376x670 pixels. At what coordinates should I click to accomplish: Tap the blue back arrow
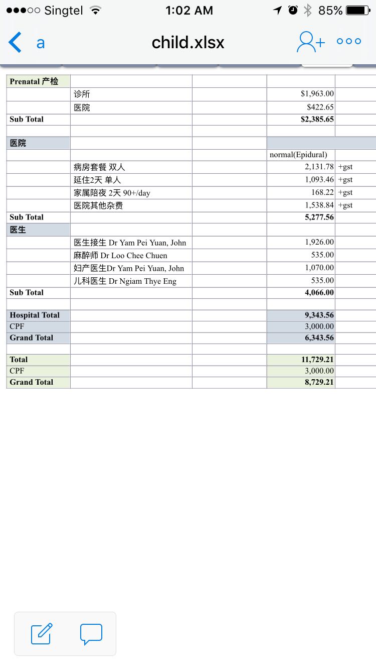[16, 42]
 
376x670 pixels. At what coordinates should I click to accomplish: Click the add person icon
[310, 42]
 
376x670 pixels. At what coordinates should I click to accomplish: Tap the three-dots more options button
[349, 42]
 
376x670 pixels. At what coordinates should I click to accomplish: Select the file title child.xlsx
[188, 43]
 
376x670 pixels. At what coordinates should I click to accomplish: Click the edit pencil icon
[42, 633]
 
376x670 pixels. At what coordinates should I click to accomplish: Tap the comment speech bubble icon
[91, 634]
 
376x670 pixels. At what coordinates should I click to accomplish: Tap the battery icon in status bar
[358, 10]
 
